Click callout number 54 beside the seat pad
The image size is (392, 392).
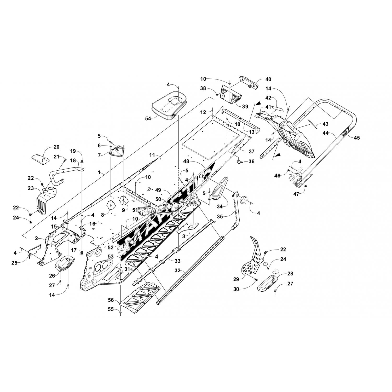[x=148, y=118]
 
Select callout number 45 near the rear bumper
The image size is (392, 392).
[x=357, y=137]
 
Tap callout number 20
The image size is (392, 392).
[x=56, y=147]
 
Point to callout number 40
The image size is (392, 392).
[x=268, y=79]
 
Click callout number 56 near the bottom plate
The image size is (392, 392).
[x=111, y=301]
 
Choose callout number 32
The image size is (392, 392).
[x=177, y=271]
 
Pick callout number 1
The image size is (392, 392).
[x=99, y=172]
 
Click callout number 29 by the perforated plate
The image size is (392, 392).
[x=236, y=279]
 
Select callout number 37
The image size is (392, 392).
[x=251, y=152]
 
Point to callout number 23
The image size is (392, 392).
[x=31, y=188]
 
